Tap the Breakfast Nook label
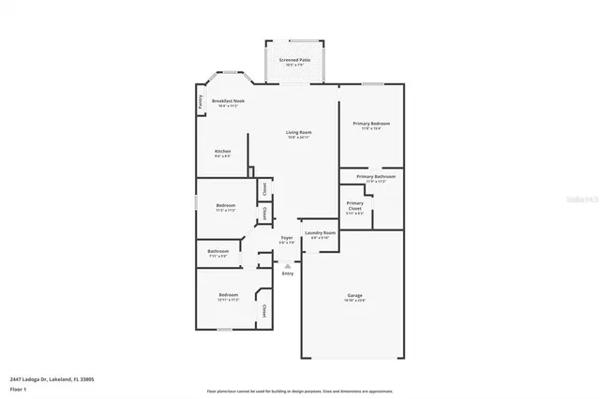point(228,100)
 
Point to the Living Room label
point(299,133)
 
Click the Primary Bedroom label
point(371,124)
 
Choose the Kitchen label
point(223,151)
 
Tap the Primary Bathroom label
point(375,176)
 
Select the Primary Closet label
point(355,203)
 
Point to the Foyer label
point(287,238)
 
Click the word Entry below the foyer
point(287,273)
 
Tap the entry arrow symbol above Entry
point(287,264)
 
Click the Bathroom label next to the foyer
point(218,250)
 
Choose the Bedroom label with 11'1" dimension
point(226,205)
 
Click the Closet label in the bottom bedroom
point(264,310)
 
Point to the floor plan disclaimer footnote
point(300,390)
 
